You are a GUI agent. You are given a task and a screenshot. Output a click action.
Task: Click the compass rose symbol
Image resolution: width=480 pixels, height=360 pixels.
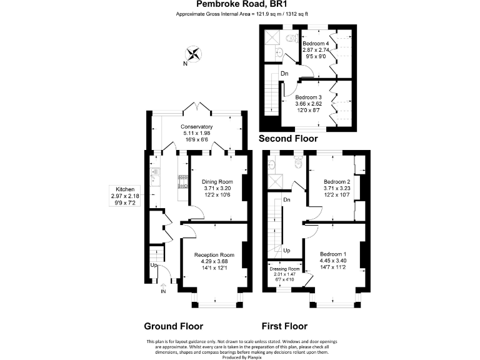coord(194,55)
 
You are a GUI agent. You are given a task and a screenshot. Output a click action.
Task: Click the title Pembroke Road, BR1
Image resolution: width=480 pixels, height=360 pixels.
coord(239,4)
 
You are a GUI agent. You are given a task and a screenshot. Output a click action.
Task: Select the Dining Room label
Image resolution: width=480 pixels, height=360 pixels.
coord(217,182)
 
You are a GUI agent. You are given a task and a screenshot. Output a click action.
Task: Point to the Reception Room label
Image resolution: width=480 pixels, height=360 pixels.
coord(214,255)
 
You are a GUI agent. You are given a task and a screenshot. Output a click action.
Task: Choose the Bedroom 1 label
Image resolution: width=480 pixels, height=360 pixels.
coord(332,254)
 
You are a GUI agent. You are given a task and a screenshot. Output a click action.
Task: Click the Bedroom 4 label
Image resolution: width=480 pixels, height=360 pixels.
coord(316,43)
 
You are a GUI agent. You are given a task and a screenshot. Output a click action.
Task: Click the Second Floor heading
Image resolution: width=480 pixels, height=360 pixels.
coord(288,139)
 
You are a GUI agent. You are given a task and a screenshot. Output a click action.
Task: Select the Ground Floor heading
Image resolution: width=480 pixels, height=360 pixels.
coord(173,326)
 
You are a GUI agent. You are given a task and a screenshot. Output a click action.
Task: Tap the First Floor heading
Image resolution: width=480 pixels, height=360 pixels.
coord(284,326)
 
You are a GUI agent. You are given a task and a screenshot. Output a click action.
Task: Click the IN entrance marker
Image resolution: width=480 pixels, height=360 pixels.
coord(164,292)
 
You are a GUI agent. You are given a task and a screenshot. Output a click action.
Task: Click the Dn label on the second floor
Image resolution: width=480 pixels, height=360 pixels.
coord(284,74)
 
